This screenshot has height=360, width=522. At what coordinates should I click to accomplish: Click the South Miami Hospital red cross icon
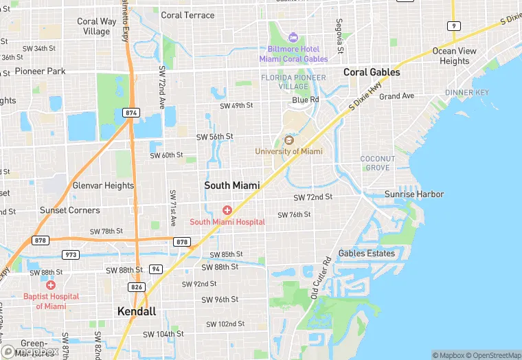(227, 210)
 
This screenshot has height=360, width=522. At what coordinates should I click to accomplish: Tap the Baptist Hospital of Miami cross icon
(51, 284)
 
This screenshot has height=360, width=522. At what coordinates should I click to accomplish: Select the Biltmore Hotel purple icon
(294, 36)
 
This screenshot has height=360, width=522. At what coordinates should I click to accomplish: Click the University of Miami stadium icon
(288, 140)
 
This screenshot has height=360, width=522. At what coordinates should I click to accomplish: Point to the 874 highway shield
(130, 112)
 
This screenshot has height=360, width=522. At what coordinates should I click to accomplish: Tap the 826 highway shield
(137, 286)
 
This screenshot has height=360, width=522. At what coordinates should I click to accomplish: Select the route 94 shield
(156, 269)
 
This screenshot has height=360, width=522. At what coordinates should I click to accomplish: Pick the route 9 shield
(453, 25)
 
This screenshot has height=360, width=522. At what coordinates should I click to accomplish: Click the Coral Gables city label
(371, 72)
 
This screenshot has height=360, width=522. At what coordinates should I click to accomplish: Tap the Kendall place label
(137, 311)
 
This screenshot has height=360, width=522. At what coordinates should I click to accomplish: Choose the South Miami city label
(232, 185)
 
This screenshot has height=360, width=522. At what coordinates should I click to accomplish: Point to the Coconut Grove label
(378, 163)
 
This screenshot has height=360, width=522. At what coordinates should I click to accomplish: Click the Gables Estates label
(367, 253)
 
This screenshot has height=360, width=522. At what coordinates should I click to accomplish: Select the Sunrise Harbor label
(414, 194)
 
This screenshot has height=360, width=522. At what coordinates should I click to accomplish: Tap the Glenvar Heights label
(103, 185)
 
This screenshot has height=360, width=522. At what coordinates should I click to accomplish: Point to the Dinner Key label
(468, 92)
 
